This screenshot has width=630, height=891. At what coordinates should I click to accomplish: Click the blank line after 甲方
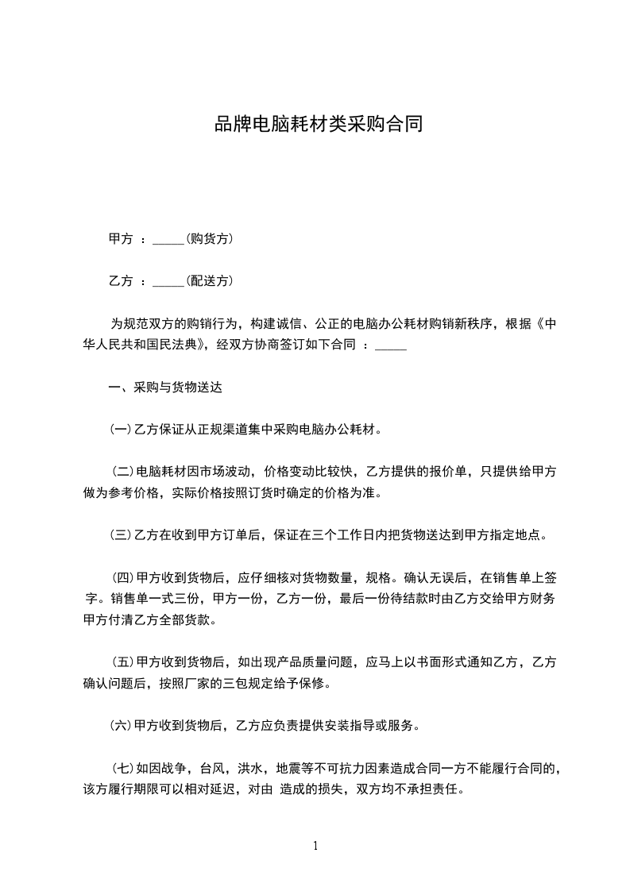click(x=167, y=240)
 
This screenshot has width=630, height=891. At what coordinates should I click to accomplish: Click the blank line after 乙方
click(x=167, y=282)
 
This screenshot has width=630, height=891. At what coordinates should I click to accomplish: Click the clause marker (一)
click(x=120, y=430)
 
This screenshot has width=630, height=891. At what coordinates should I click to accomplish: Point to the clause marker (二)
click(x=123, y=472)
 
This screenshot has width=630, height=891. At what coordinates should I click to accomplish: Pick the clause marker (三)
click(x=120, y=534)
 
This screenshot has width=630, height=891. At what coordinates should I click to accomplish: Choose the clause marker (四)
click(x=123, y=577)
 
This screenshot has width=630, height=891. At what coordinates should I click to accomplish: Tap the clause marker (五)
click(x=123, y=661)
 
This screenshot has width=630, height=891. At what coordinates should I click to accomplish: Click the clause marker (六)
click(x=120, y=725)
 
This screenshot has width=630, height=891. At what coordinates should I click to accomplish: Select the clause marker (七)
click(x=123, y=768)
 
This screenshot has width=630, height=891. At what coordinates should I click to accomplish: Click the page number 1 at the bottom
click(x=315, y=846)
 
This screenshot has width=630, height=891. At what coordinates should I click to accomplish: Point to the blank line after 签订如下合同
click(x=390, y=346)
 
